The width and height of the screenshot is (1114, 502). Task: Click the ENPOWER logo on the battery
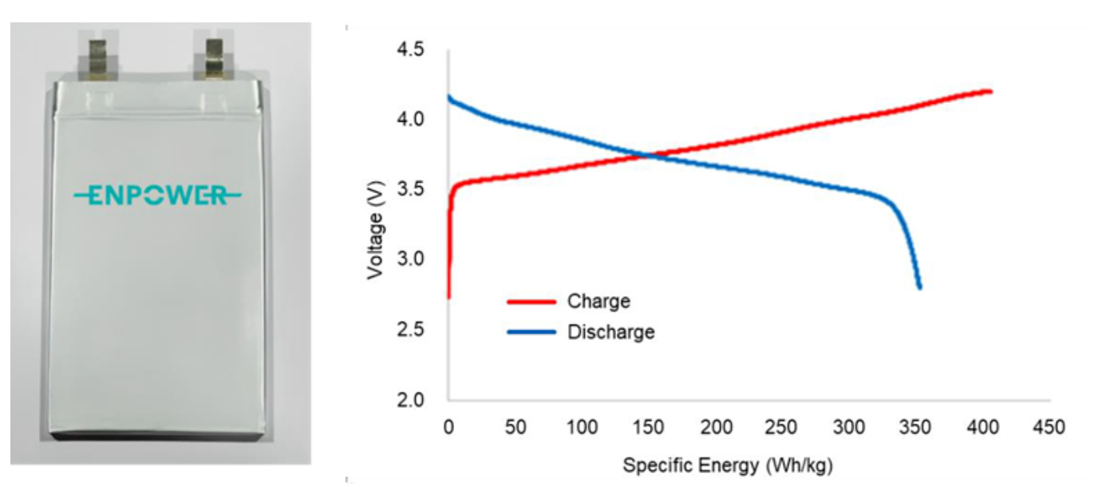coord(156,195)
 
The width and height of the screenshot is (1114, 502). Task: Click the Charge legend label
coord(598,302)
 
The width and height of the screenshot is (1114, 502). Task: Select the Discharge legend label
coord(610,332)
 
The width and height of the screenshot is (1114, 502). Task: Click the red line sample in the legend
coord(531,302)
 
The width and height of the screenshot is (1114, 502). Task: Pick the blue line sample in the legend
coord(531,332)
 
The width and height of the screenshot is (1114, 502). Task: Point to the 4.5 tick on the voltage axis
coord(412,50)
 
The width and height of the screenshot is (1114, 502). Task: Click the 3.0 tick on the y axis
coord(412,259)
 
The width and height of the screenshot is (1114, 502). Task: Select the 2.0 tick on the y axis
coord(412,399)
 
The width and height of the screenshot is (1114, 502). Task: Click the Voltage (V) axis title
coord(374,232)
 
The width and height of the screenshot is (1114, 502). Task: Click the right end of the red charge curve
coord(990,91)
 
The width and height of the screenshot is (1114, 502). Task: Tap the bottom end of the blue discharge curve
coord(920,287)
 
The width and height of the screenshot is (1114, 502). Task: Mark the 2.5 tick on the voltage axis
coord(412,330)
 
